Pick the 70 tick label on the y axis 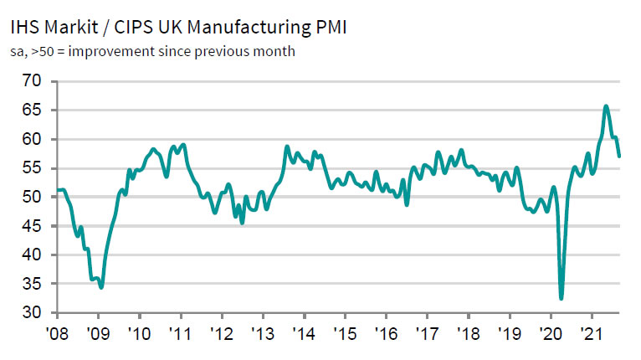(32, 81)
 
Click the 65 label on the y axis (32, 111)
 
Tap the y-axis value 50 (32, 197)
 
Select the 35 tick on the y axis (32, 284)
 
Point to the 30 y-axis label (32, 313)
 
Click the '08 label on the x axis (57, 332)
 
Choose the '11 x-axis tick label (181, 332)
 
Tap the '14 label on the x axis (305, 332)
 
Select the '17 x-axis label (428, 332)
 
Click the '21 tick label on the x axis (592, 332)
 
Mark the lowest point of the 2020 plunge (561, 298)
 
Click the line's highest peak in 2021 (606, 106)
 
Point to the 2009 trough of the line (101, 287)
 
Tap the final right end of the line (619, 156)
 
